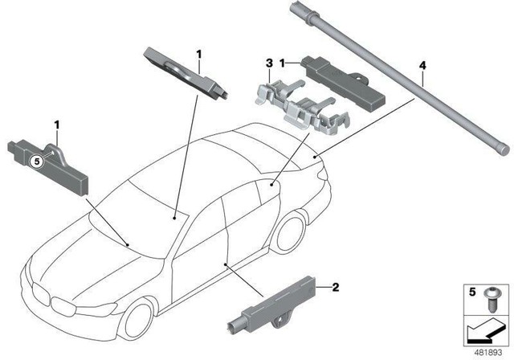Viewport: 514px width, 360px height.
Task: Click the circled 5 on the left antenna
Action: pos(35,161)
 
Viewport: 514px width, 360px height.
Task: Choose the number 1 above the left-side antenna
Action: pos(56,125)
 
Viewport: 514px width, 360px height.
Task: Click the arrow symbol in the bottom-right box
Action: pos(483,330)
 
